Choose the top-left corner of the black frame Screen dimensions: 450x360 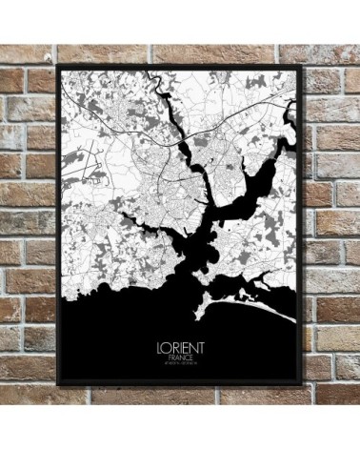(58, 66)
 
